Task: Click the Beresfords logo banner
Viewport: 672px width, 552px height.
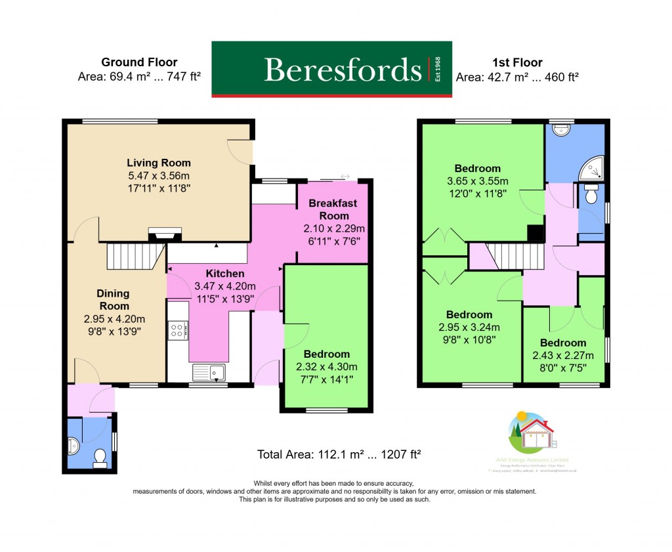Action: (x=331, y=69)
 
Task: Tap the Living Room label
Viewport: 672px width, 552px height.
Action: (x=159, y=163)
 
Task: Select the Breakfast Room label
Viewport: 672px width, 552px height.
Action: (x=333, y=209)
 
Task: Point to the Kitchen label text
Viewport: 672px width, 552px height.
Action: (x=225, y=274)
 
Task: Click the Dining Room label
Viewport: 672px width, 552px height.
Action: (x=114, y=300)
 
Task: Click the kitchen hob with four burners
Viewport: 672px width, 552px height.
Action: (x=178, y=330)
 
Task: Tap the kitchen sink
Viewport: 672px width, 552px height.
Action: (x=209, y=373)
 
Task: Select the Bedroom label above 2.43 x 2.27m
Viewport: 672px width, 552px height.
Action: (x=563, y=343)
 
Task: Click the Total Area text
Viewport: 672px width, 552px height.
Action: (x=337, y=454)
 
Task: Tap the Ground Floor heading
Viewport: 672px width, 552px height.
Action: (x=139, y=62)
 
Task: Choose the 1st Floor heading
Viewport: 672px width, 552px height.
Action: (x=517, y=62)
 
